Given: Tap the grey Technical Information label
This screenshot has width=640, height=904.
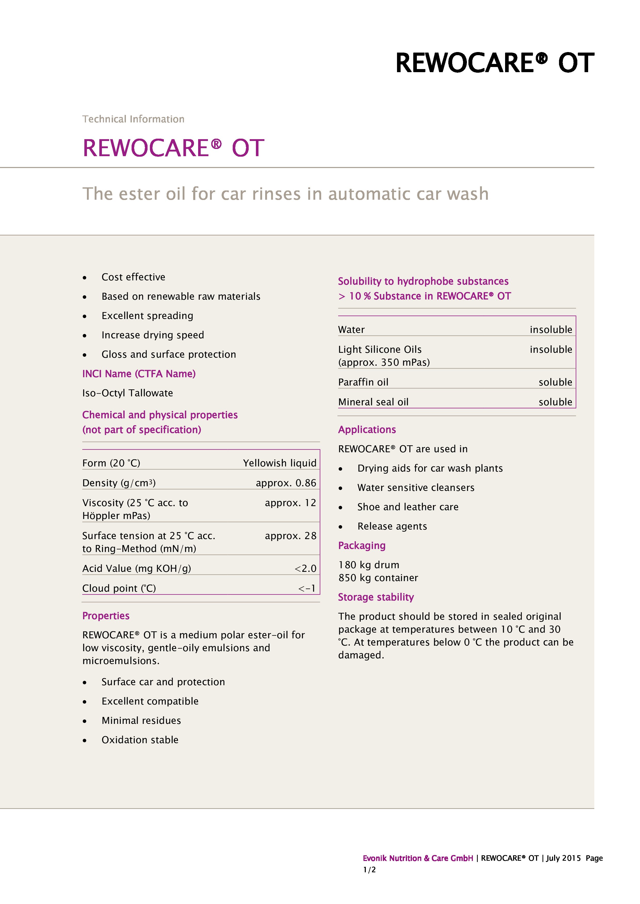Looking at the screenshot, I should pos(133,119).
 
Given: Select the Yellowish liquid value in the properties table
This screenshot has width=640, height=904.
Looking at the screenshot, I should pos(279,463).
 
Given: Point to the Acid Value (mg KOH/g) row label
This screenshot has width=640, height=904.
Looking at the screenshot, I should pos(136,568).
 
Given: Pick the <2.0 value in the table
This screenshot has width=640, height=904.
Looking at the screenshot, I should pos(305,568).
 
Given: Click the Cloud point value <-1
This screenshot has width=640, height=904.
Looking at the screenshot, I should pos(307,588).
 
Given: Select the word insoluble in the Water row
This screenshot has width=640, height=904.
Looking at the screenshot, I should pos(550,330).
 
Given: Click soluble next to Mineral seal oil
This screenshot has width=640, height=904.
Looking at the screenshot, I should pos(555,402).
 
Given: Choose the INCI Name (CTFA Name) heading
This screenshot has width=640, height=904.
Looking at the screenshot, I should pos(139,374).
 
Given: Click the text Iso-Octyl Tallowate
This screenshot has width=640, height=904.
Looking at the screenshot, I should pos(127,393).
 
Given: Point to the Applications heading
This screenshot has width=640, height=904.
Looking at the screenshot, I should pos(367,430).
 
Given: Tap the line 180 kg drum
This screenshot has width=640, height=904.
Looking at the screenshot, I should pos(368,565).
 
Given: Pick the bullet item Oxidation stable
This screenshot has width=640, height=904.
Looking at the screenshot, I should pos(140,740).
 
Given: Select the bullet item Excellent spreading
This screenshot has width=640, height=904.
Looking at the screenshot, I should pos(147,316).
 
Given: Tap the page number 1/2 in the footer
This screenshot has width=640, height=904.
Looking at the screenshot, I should pos(369,870).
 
